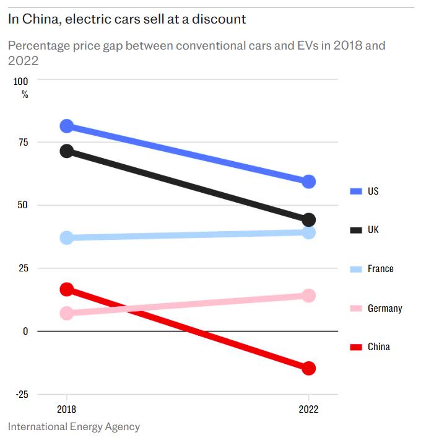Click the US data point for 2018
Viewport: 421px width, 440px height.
point(67,126)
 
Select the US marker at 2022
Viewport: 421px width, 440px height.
point(308,182)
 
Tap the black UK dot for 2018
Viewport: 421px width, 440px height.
point(67,151)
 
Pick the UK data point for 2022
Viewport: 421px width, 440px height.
point(308,219)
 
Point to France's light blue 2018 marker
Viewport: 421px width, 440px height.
point(67,237)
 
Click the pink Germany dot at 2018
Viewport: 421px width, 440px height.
point(67,313)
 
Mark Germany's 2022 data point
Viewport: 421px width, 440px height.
point(308,296)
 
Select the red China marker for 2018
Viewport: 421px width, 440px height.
point(67,289)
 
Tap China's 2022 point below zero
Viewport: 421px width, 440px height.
point(308,368)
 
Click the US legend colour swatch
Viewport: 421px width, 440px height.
point(355,191)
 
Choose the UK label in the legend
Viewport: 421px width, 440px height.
point(373,230)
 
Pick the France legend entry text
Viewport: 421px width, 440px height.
point(380,269)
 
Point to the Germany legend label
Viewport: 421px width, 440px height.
point(384,308)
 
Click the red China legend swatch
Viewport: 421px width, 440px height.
point(355,347)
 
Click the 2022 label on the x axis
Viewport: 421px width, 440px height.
point(308,410)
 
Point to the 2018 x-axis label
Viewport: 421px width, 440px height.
point(67,410)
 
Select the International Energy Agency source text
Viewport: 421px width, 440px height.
point(74,427)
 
